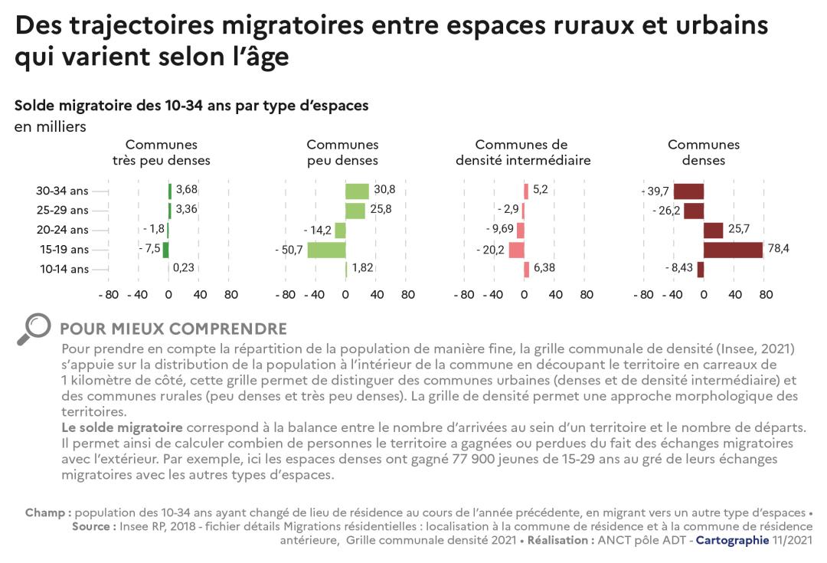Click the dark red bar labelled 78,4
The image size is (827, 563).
(733, 250)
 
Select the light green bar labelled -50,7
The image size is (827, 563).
(326, 250)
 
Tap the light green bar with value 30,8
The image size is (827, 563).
(357, 191)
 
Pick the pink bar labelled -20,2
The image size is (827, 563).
(516, 250)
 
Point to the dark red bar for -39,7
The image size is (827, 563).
(688, 191)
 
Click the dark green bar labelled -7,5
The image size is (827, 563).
(165, 250)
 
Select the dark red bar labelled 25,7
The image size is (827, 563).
(713, 230)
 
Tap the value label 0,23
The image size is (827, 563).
(184, 269)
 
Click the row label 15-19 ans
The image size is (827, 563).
(64, 250)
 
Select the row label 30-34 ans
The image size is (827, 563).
(64, 191)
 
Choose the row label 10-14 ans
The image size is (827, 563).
(64, 269)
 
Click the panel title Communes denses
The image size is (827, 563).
(704, 152)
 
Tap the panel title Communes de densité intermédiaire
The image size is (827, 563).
(523, 152)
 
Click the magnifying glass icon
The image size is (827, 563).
(33, 329)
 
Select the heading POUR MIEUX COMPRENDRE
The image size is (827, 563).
(173, 329)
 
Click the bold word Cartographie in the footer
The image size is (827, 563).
(731, 540)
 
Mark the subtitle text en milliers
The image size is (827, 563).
(51, 127)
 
